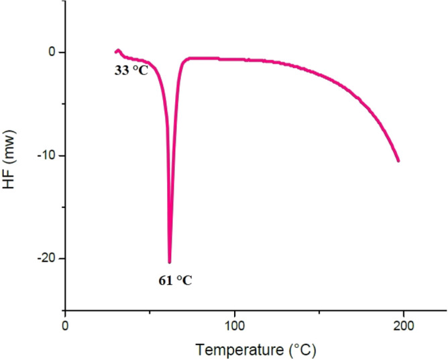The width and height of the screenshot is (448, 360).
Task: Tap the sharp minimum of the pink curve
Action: (170, 262)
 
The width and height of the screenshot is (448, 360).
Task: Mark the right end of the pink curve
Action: (399, 161)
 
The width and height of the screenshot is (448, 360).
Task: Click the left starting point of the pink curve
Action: (114, 52)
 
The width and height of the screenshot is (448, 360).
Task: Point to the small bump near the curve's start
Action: (118, 50)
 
